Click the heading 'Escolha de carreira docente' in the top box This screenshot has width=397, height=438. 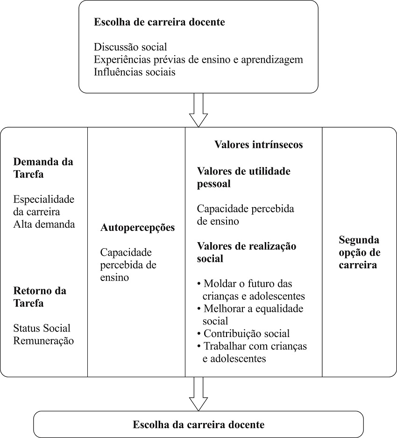(159, 22)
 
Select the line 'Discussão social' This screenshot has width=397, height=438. (130, 47)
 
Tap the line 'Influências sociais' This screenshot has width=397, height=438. (135, 72)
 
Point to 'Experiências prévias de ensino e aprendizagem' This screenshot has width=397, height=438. (198, 60)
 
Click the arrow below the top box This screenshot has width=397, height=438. (198, 110)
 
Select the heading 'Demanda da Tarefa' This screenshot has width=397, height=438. (43, 168)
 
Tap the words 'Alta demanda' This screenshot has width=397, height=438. (44, 224)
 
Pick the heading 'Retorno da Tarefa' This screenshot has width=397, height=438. (40, 297)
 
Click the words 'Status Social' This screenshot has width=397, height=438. (42, 328)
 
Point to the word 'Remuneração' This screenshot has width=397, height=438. (43, 341)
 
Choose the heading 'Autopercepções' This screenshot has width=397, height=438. (137, 228)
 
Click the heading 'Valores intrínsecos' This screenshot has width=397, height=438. (258, 145)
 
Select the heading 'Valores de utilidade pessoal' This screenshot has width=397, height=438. (243, 177)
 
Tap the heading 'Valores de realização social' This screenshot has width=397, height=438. (246, 252)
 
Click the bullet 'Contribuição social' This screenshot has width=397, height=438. (247, 334)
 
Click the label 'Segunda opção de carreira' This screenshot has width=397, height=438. (359, 252)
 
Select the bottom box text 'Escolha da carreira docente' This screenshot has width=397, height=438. (198, 425)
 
